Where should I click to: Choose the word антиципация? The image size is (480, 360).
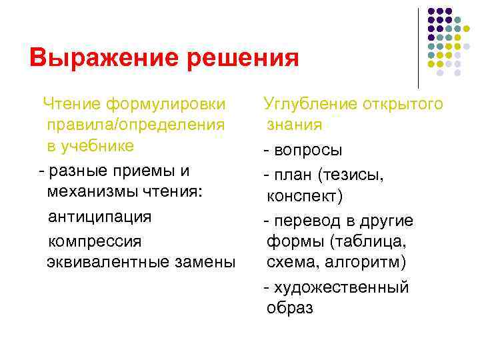(x=100, y=217)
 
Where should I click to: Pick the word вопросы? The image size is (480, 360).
(x=307, y=149)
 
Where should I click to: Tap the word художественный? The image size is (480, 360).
(x=341, y=287)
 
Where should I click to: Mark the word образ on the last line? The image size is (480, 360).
(x=289, y=309)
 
